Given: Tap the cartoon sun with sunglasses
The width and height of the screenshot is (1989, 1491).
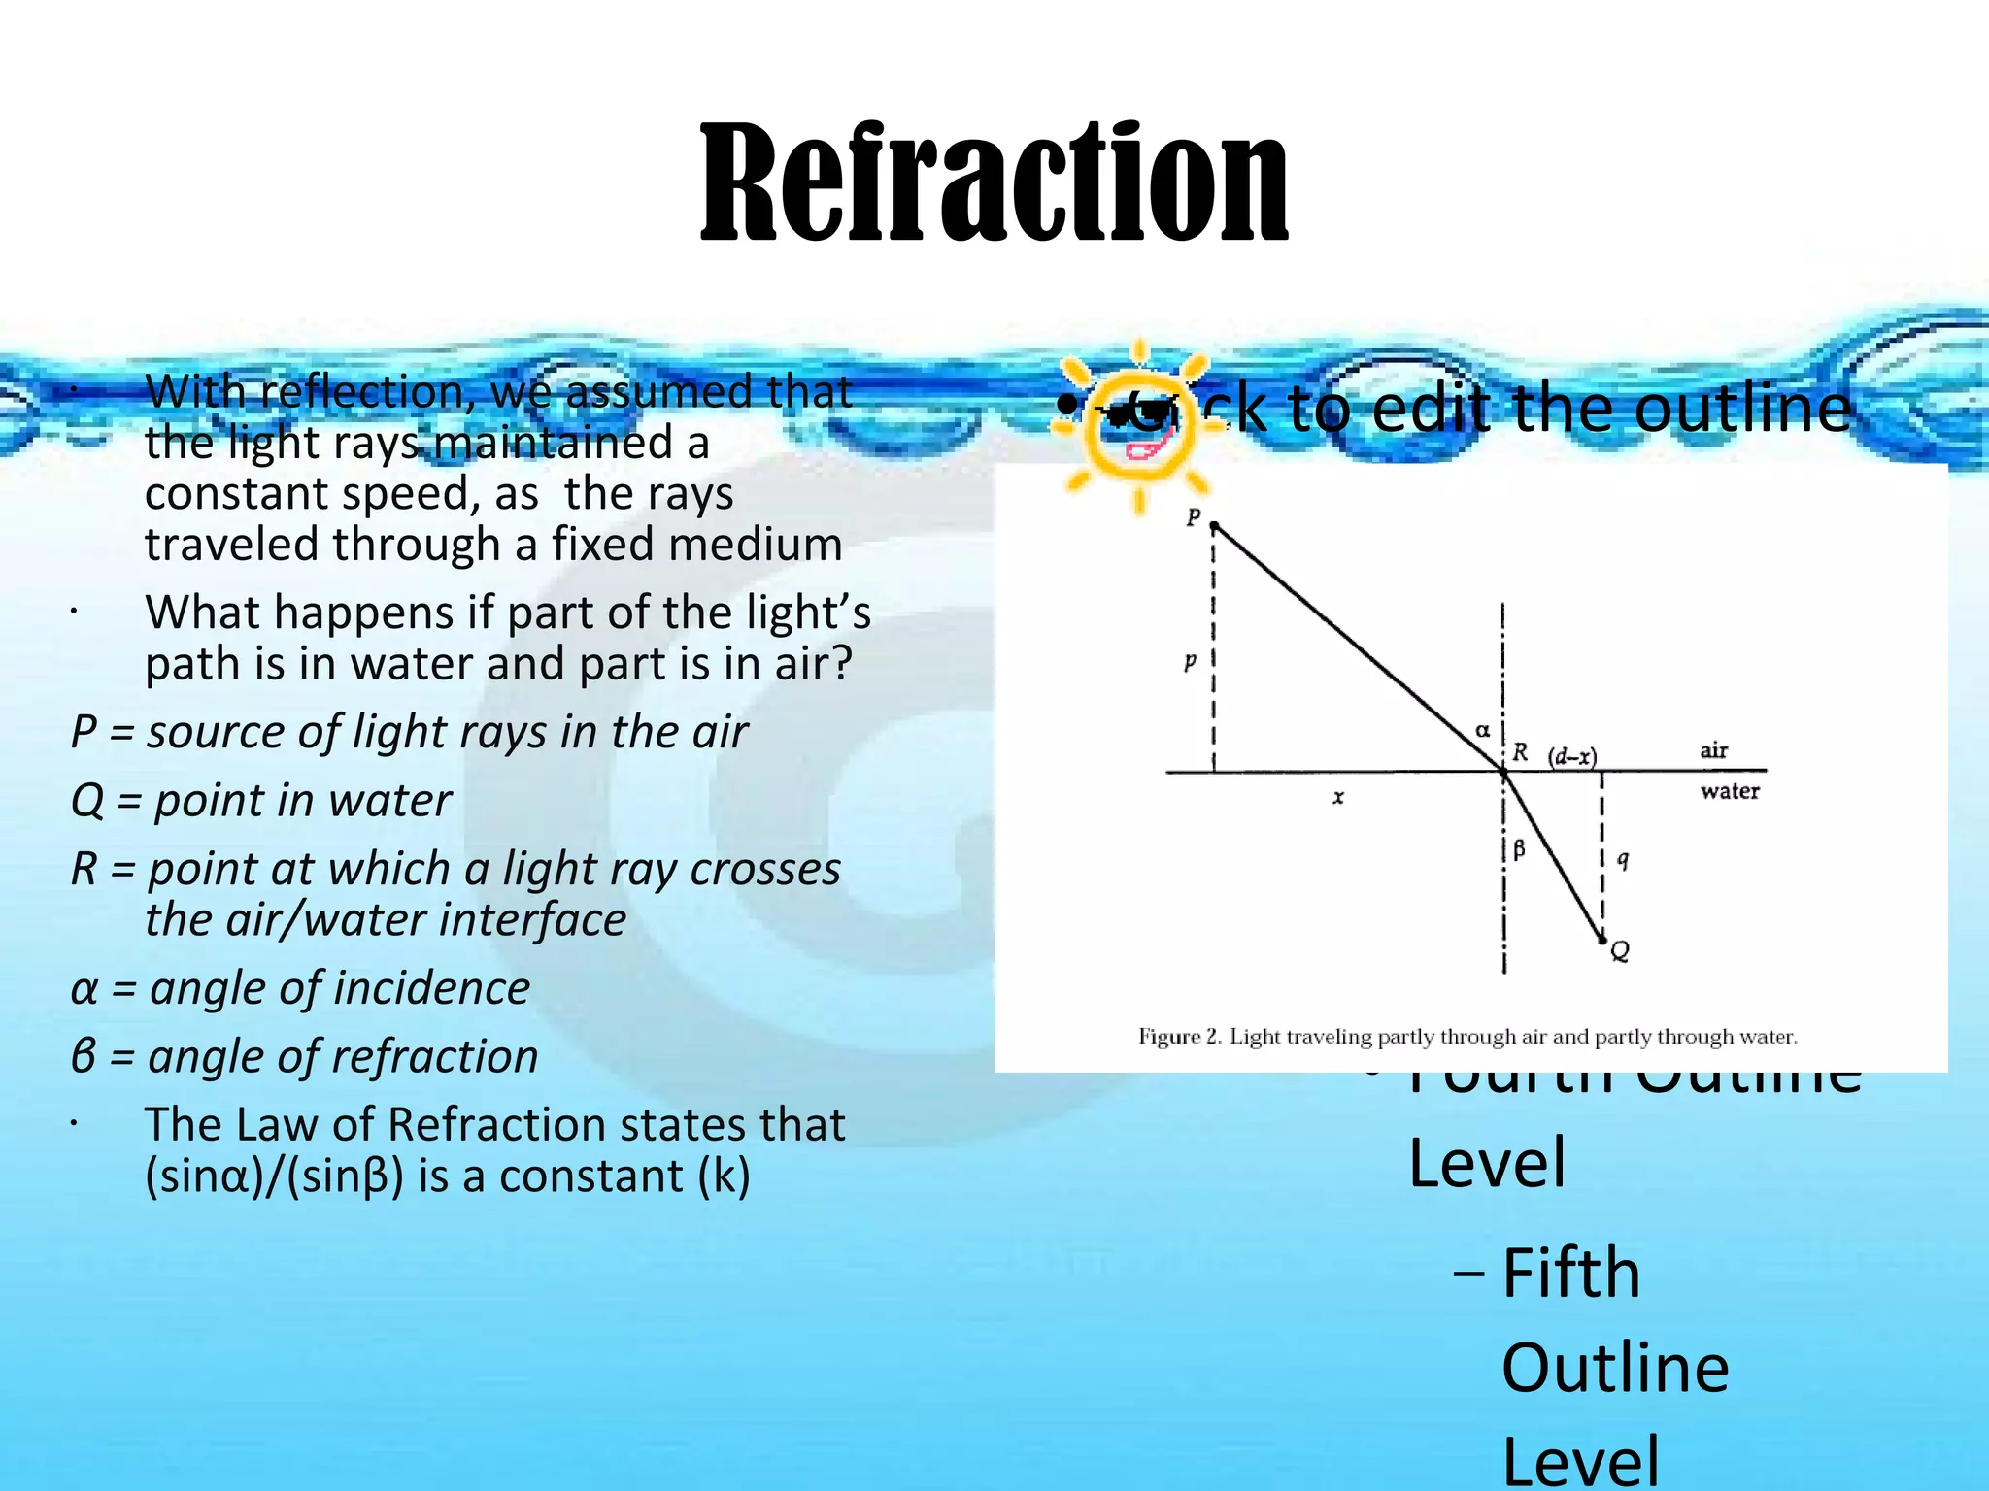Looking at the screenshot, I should [x=1137, y=427].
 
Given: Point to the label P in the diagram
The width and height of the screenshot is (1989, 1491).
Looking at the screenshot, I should [x=1194, y=516].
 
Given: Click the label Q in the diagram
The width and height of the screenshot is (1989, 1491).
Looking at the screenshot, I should [x=1620, y=951].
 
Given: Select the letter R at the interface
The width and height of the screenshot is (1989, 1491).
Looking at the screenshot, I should [x=1521, y=752].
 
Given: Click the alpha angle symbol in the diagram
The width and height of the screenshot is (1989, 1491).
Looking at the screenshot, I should [x=1482, y=730].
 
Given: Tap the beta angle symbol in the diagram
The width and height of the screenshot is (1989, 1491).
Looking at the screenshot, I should [x=1519, y=850].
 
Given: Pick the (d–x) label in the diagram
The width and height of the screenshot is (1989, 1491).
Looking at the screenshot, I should [x=1571, y=756].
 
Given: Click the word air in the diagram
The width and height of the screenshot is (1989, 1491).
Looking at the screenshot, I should [x=1713, y=749].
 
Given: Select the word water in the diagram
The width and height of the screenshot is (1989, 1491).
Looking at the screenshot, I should [x=1730, y=791].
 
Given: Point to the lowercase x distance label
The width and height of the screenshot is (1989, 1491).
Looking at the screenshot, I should [x=1338, y=797].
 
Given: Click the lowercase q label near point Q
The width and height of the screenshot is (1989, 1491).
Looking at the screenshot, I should [x=1623, y=859].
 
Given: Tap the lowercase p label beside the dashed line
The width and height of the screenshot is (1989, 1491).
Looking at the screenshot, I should [x=1190, y=662].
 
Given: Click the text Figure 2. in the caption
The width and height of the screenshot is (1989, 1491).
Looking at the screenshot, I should [x=1178, y=1037].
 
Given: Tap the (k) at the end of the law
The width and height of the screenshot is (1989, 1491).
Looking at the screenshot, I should [x=724, y=1176].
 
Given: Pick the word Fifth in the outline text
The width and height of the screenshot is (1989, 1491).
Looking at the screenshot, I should [x=1570, y=1273].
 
